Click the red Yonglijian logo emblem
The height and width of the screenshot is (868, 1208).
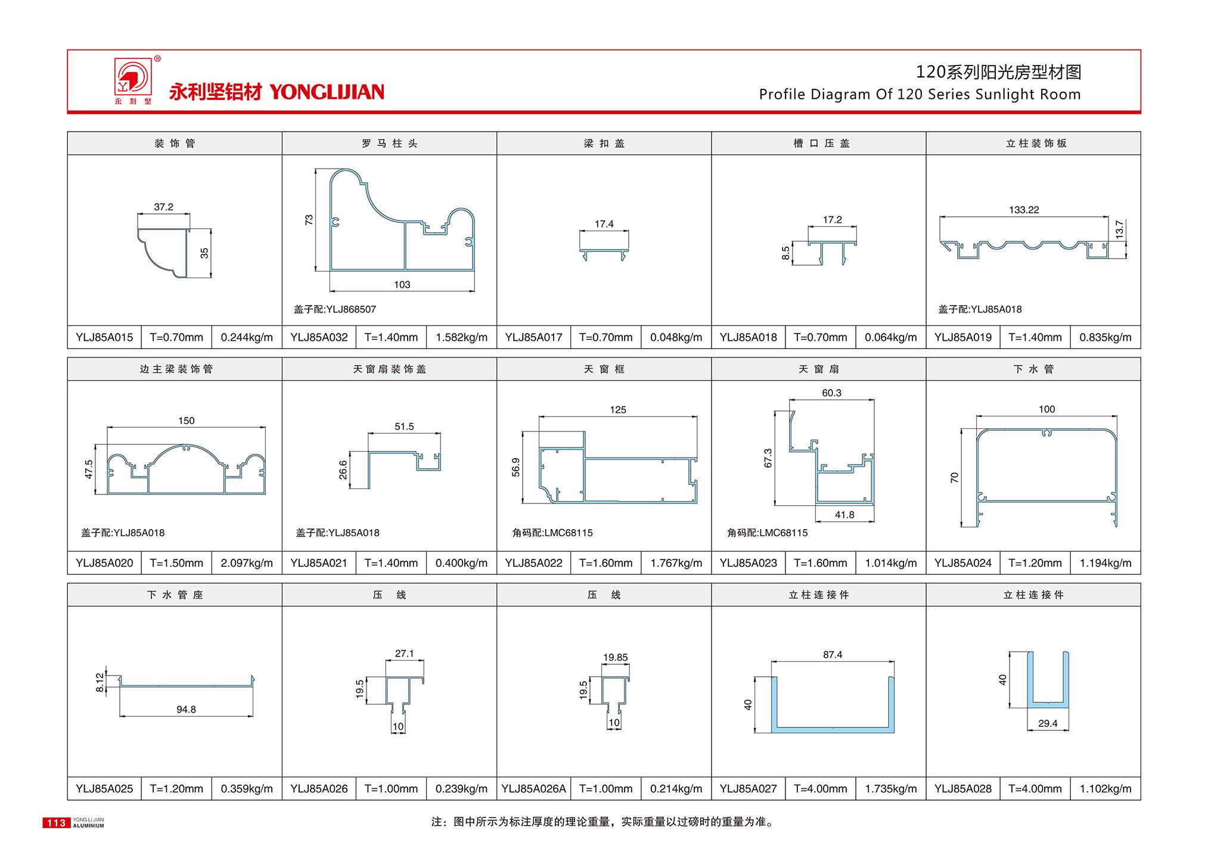tap(133, 77)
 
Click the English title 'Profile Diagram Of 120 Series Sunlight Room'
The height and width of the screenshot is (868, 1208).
tap(919, 94)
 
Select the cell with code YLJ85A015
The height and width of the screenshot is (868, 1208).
tap(104, 337)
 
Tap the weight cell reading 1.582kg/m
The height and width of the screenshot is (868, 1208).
tap(461, 337)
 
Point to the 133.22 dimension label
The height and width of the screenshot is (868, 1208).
tap(1023, 210)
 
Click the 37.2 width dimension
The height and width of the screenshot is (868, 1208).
tap(163, 207)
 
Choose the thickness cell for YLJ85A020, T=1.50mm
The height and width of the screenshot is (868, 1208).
tap(176, 563)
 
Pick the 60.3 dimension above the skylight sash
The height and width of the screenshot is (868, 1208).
tap(831, 393)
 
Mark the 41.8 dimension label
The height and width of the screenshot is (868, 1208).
tap(844, 515)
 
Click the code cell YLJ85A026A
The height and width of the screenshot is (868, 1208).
tap(533, 789)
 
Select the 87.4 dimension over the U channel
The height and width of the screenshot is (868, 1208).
tap(832, 655)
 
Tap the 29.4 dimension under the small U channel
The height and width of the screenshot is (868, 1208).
tap(1047, 723)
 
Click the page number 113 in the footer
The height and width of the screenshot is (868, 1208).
tap(56, 823)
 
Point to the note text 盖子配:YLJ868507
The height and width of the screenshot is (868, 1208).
tap(335, 309)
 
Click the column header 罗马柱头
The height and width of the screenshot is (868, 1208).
tap(389, 144)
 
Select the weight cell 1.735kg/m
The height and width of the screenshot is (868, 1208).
tap(890, 789)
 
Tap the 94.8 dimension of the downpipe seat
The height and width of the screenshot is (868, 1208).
tap(186, 709)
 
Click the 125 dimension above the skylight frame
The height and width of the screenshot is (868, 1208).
tap(617, 410)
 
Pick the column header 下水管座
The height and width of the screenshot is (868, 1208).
tap(175, 595)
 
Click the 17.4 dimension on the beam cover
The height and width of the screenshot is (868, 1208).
tap(604, 224)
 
